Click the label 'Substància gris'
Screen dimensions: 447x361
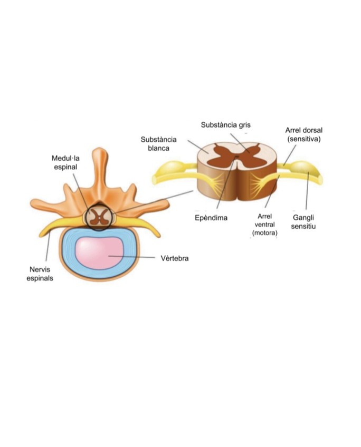pyautogui.click(x=226, y=125)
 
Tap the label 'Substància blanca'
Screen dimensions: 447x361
pyautogui.click(x=158, y=144)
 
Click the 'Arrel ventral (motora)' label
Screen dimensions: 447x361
pyautogui.click(x=264, y=224)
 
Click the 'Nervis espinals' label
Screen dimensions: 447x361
pyautogui.click(x=40, y=274)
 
